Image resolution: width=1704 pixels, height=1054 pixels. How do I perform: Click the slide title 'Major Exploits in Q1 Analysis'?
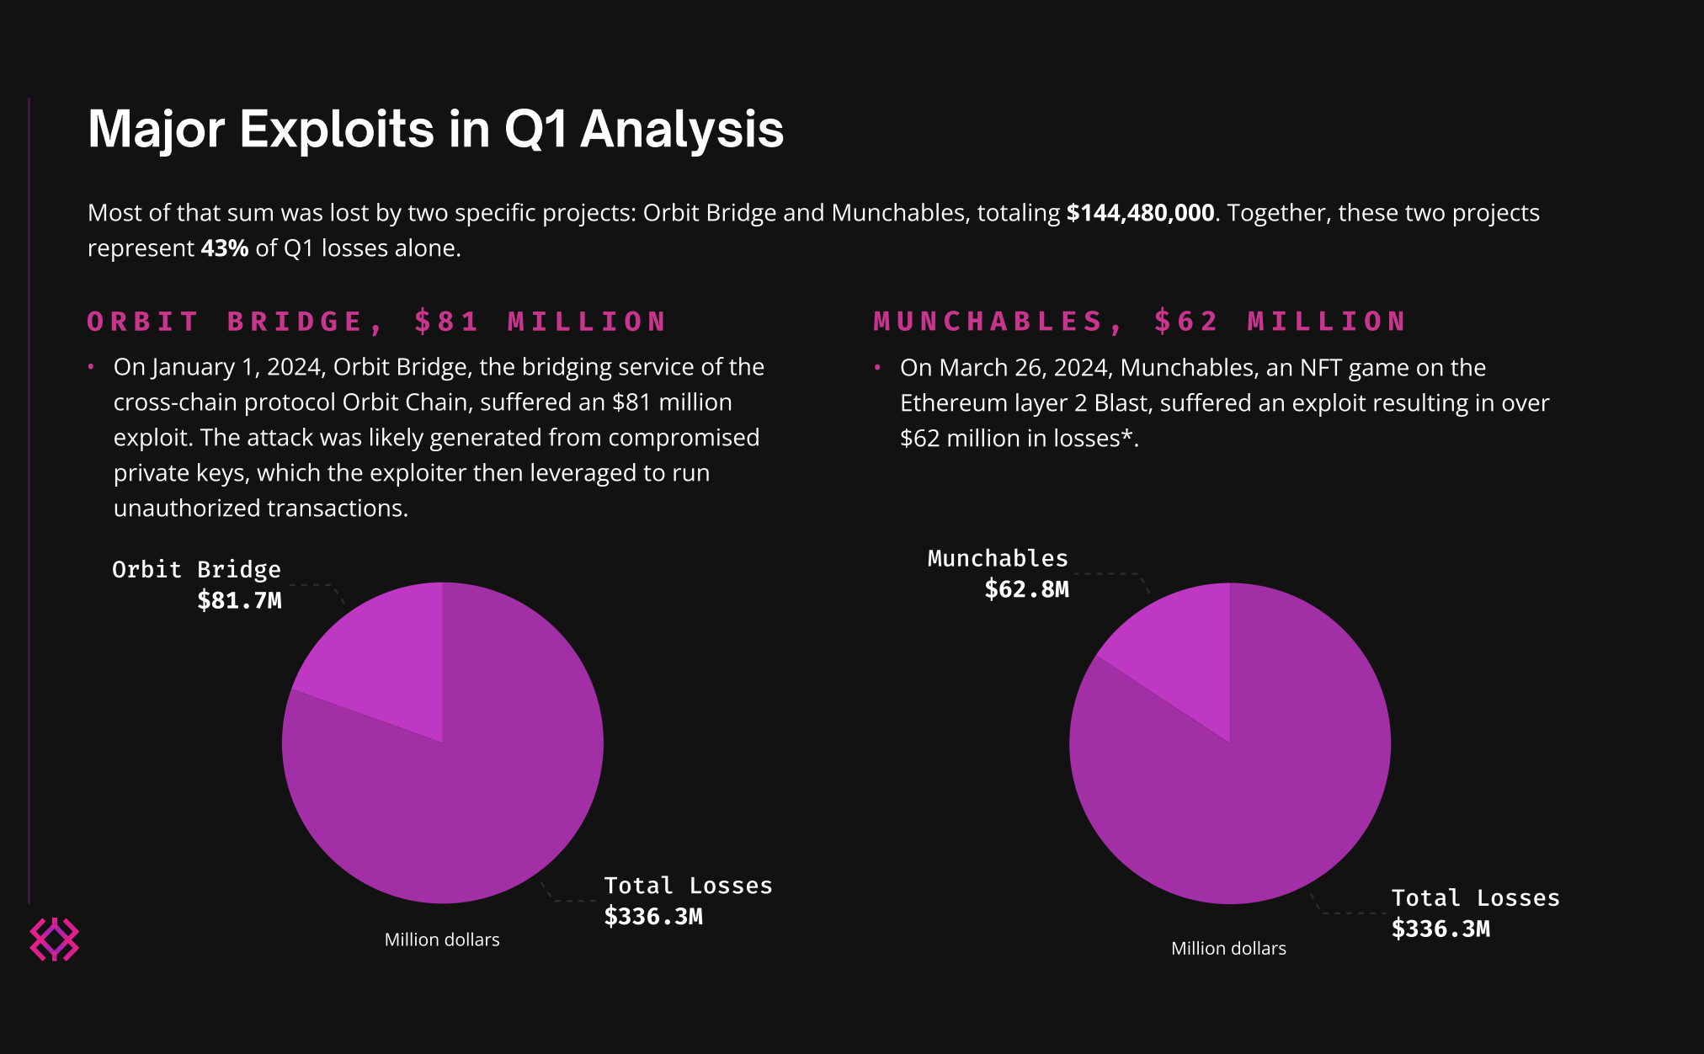pos(435,130)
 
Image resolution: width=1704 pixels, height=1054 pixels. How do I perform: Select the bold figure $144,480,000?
pos(1140,213)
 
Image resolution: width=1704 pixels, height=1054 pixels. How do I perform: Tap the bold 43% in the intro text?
pos(225,248)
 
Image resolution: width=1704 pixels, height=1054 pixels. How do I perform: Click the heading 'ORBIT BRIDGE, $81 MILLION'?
pos(377,322)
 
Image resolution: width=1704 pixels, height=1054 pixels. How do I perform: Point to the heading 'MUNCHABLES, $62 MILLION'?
pos(1140,321)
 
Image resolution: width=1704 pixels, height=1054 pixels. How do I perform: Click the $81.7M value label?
pos(239,600)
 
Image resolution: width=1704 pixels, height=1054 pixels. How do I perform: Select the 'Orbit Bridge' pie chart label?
pos(196,570)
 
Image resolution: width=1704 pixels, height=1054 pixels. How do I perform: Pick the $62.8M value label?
pos(1026,589)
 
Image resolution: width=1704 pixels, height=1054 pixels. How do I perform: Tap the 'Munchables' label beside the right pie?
pos(998,558)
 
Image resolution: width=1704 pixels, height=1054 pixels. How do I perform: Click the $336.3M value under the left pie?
pos(653,916)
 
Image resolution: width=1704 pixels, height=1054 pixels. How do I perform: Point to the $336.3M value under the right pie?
pos(1440,929)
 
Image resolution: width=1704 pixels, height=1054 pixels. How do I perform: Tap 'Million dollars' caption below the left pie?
pos(442,940)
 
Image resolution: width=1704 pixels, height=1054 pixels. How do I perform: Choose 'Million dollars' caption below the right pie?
pos(1228,948)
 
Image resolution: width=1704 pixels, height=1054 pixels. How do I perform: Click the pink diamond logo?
pos(55,940)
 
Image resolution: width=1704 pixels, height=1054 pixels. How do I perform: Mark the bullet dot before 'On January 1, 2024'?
pos(91,367)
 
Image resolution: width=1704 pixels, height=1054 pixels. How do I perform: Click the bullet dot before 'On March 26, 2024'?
pos(877,368)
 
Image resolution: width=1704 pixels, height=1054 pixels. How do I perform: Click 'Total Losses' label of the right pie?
pos(1475,898)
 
